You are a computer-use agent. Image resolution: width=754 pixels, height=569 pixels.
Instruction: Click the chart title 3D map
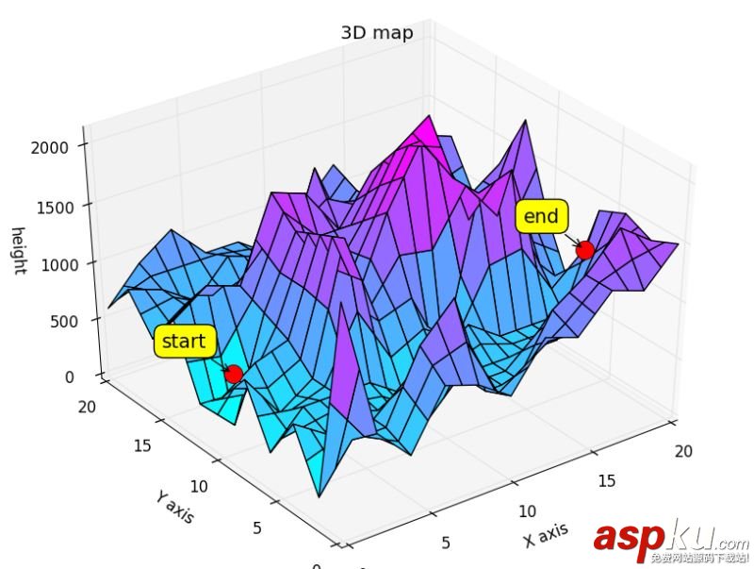click(376, 33)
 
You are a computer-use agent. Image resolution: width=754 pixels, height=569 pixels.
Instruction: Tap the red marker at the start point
click(234, 374)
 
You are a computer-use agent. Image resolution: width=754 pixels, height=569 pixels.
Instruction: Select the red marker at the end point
click(584, 250)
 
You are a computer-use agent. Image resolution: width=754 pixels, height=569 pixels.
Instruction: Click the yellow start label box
click(184, 342)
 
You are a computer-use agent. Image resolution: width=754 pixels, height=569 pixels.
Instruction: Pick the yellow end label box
click(541, 217)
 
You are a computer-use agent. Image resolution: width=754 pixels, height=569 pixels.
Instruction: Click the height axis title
click(18, 251)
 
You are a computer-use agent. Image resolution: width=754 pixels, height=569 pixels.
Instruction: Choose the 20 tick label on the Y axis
click(86, 406)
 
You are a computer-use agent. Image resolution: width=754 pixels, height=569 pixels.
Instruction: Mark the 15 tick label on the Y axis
click(141, 446)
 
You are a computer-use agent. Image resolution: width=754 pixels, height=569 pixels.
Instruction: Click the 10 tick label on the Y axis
click(198, 487)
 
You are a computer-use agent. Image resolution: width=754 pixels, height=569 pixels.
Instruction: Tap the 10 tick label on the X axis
click(528, 510)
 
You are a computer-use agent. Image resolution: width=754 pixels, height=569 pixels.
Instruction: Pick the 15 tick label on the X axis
click(608, 480)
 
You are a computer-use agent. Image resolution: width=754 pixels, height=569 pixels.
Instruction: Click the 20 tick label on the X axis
click(683, 451)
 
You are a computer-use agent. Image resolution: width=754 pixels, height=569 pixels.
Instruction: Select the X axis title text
click(546, 535)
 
